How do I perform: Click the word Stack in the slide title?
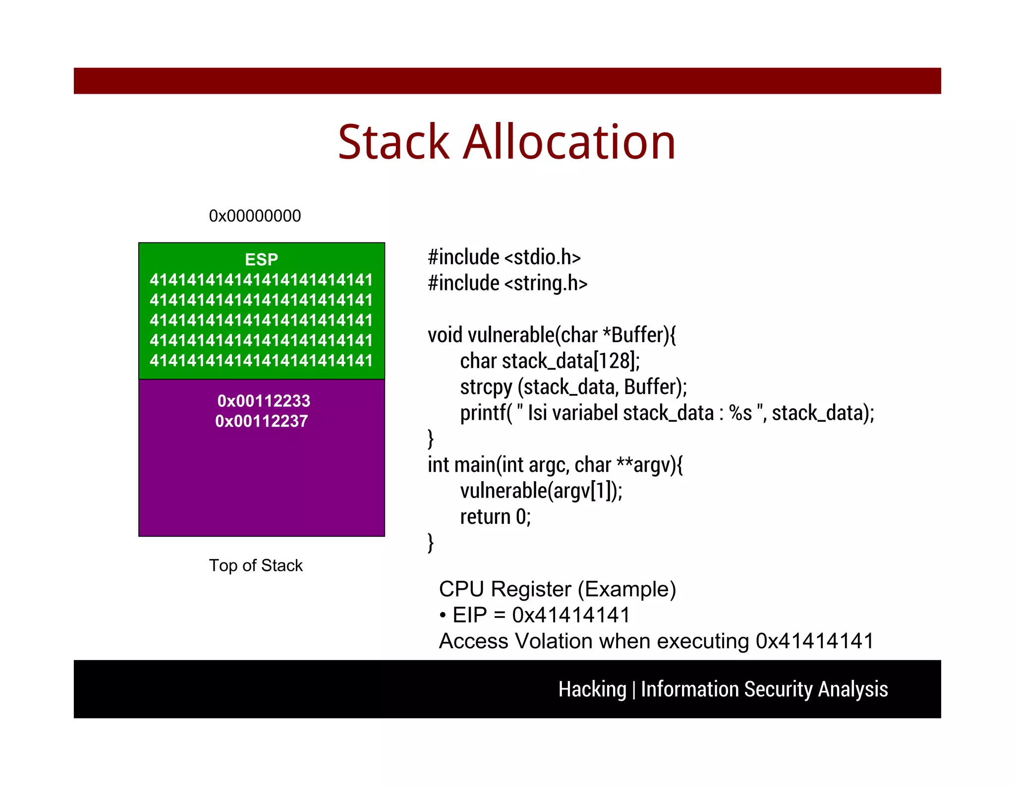click(x=394, y=142)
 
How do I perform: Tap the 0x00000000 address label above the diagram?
click(x=255, y=216)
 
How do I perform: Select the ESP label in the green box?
click(x=261, y=259)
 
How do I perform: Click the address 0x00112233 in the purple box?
click(x=264, y=400)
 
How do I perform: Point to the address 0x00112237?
click(x=261, y=421)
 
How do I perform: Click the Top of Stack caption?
click(x=255, y=565)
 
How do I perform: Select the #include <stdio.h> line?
click(x=504, y=257)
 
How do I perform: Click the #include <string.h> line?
click(x=507, y=283)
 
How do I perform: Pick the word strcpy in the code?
click(x=486, y=387)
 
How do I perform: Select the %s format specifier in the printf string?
click(x=740, y=413)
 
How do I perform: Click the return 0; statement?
click(x=495, y=517)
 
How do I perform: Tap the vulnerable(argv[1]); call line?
click(x=541, y=491)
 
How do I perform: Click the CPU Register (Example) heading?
click(x=557, y=589)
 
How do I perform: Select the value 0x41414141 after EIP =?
click(x=571, y=615)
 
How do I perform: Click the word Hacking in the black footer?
click(x=592, y=689)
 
